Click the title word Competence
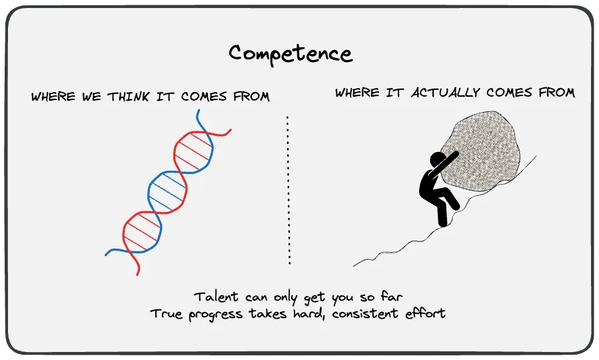291,53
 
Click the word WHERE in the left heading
53,97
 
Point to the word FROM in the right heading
554,93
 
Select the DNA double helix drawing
169,193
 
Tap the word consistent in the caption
360,313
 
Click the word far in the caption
392,296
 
